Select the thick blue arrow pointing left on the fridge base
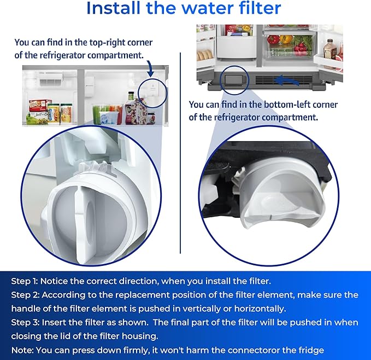tap(287, 80)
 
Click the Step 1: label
tap(25, 281)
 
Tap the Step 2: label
tap(25, 295)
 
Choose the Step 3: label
tap(25, 323)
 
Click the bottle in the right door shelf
tap(329, 51)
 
